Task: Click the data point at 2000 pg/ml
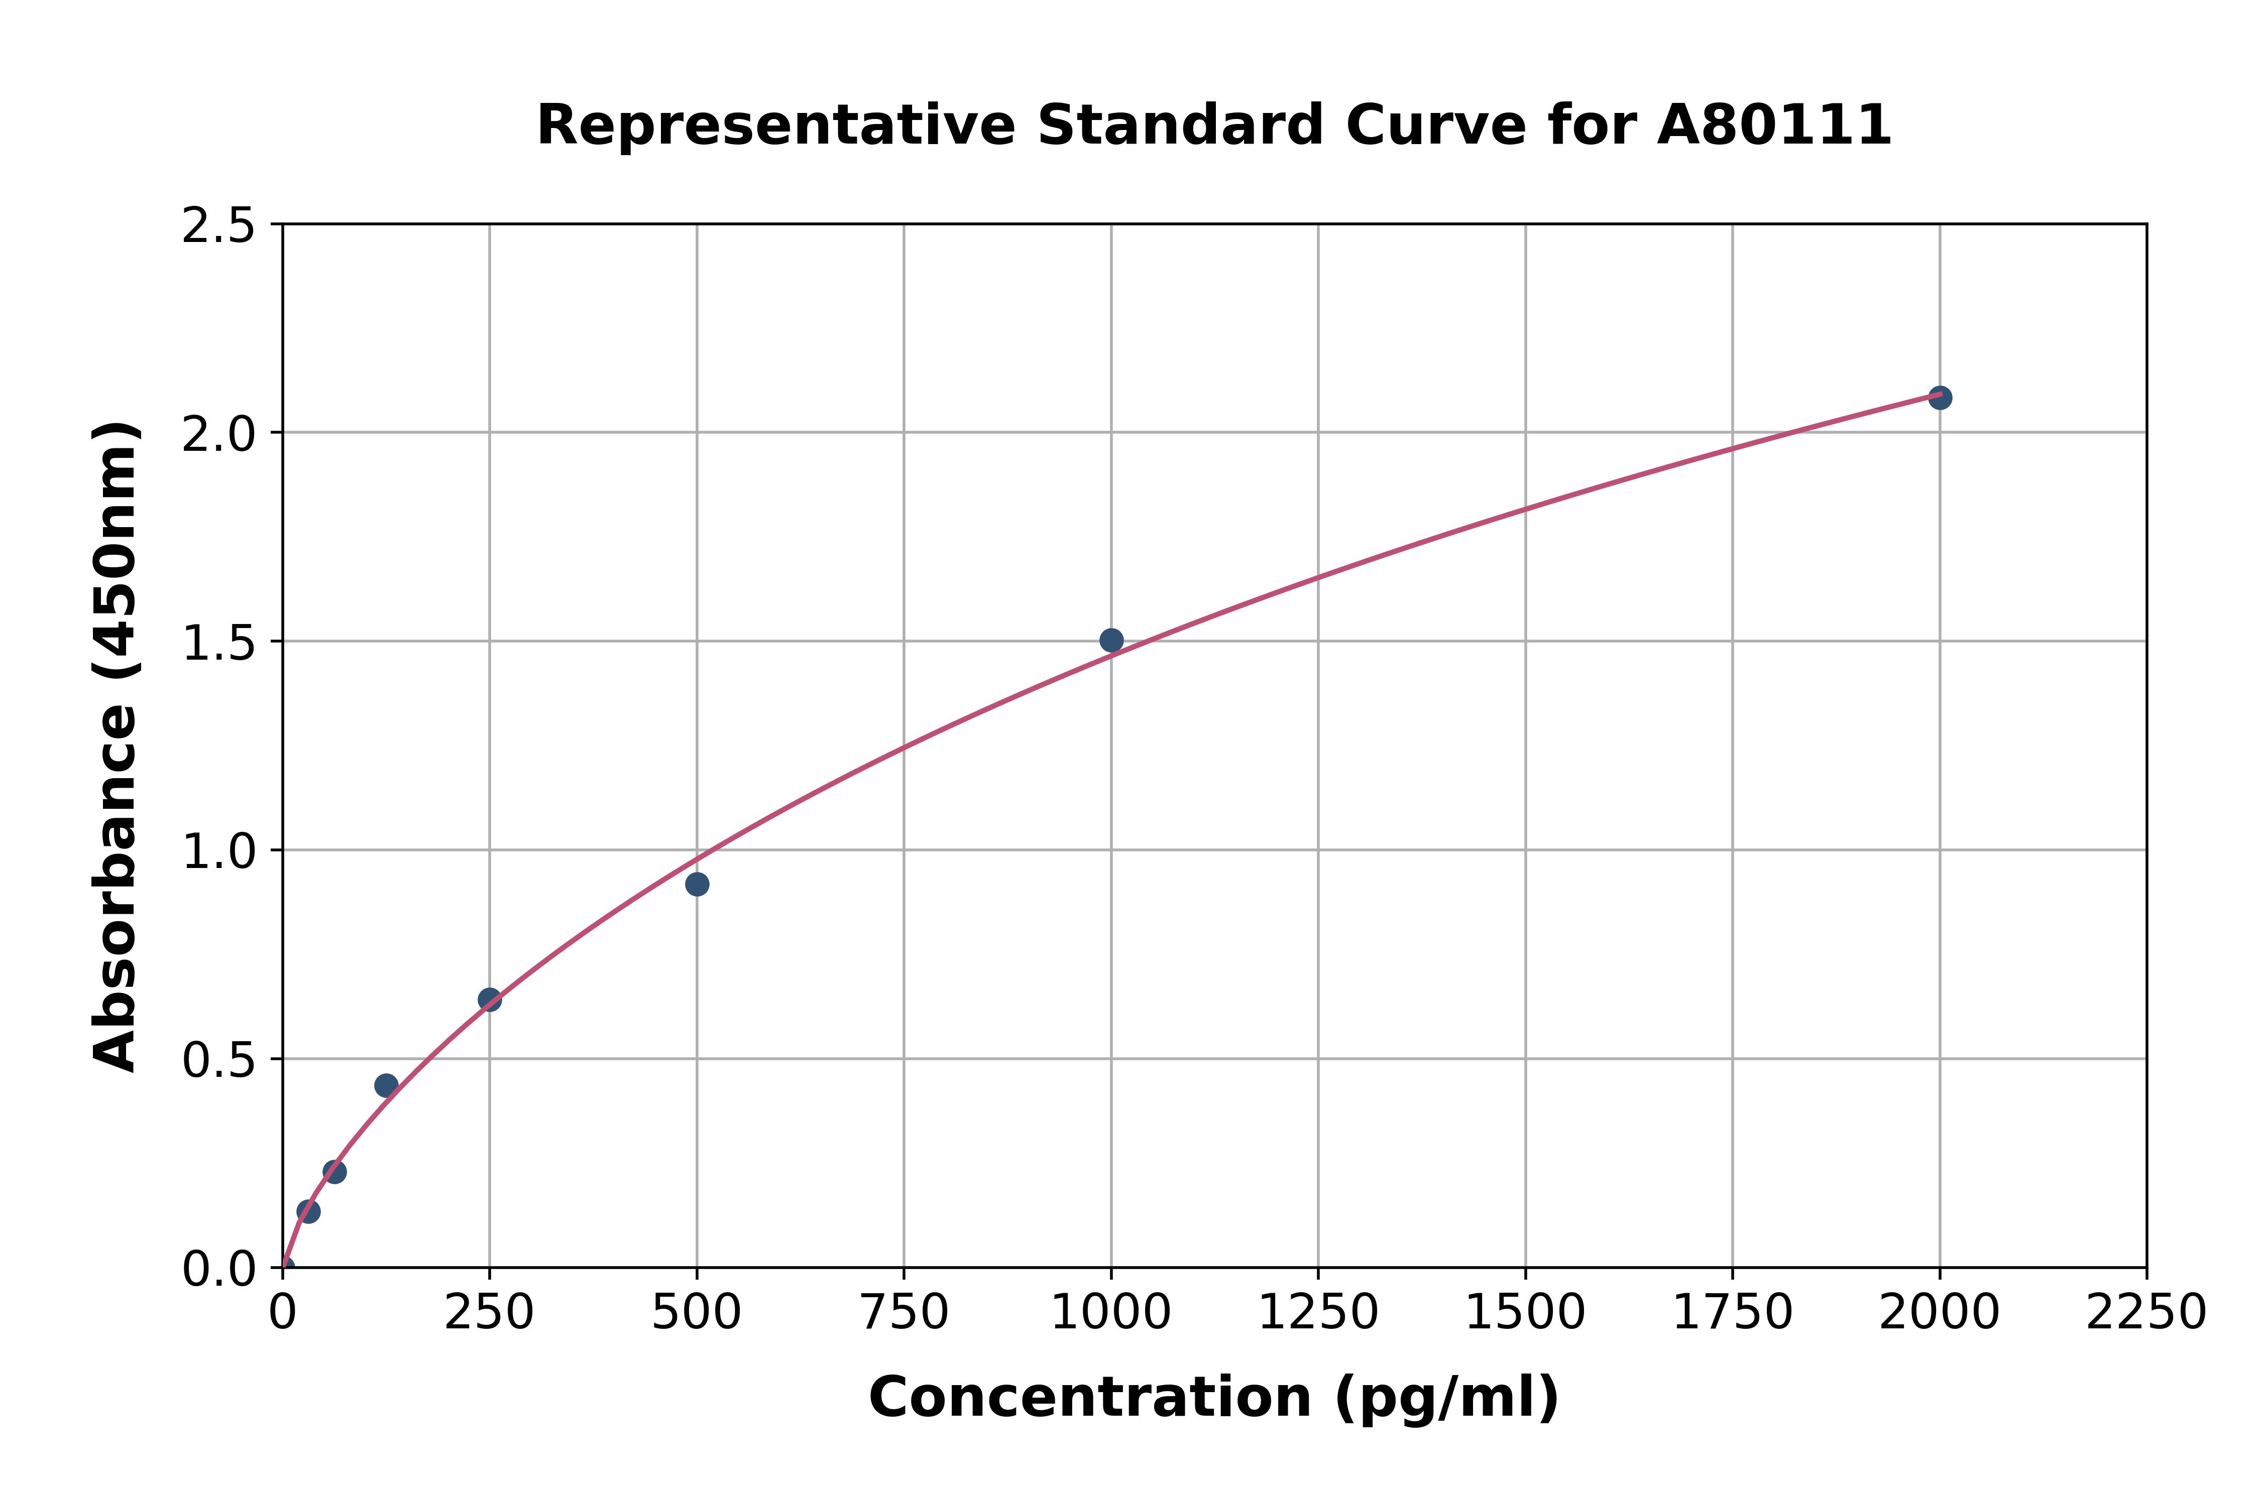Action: [1940, 398]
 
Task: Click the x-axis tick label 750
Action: [903, 1313]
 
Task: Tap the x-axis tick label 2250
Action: [2146, 1313]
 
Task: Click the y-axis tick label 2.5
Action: [219, 226]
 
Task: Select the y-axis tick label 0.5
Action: [219, 1059]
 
